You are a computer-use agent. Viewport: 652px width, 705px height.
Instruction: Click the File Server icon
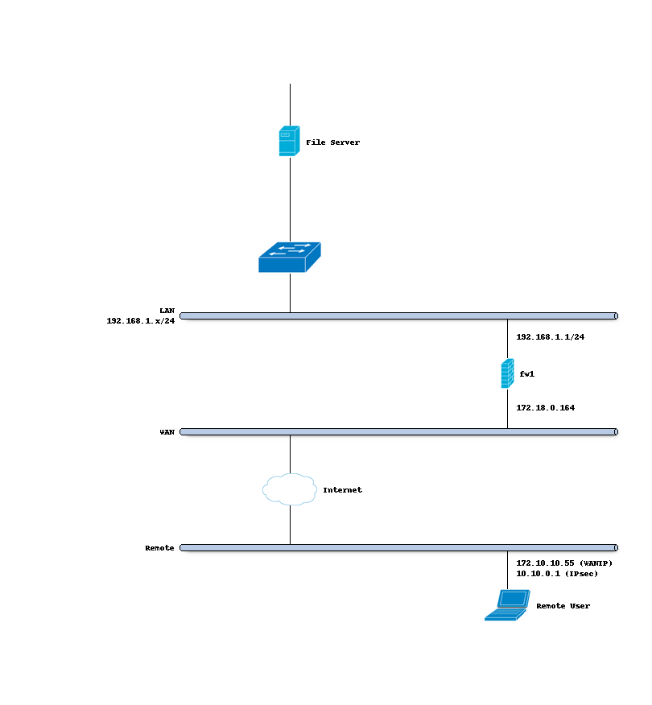289,141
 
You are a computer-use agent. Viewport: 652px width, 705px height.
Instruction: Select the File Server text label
332,142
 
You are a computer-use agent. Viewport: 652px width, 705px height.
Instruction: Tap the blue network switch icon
289,257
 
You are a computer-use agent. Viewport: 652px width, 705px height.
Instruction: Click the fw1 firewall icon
507,373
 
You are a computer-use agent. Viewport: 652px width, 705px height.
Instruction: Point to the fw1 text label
527,374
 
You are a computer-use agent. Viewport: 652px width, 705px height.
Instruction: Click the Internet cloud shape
289,489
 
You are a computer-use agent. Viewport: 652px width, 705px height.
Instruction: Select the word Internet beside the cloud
342,490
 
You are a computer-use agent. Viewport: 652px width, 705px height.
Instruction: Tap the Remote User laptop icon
506,605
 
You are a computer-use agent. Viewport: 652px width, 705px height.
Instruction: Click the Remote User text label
563,606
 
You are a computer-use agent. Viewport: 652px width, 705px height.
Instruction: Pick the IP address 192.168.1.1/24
550,337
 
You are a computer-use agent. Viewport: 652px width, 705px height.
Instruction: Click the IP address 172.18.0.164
545,408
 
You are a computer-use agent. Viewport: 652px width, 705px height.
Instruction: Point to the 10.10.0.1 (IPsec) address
556,574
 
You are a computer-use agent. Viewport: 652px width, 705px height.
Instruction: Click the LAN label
167,311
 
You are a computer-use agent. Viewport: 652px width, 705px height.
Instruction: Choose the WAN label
167,432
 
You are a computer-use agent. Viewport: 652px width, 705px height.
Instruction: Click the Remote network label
159,548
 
